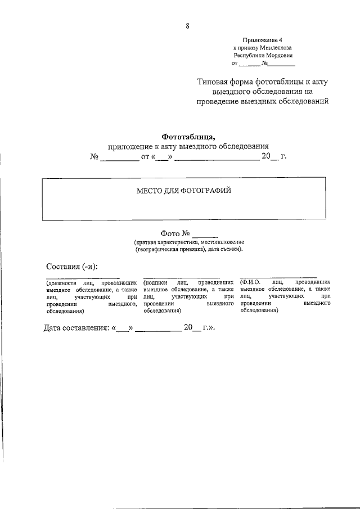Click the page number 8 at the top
click(187, 24)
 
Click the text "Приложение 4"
click(263, 40)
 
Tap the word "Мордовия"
click(279, 56)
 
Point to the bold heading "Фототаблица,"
click(188, 136)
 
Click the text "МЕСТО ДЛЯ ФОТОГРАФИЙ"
click(184, 191)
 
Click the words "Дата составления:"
click(77, 327)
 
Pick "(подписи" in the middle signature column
click(156, 281)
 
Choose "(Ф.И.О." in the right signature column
click(249, 281)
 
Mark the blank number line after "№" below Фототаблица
click(119, 157)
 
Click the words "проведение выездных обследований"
click(262, 101)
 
